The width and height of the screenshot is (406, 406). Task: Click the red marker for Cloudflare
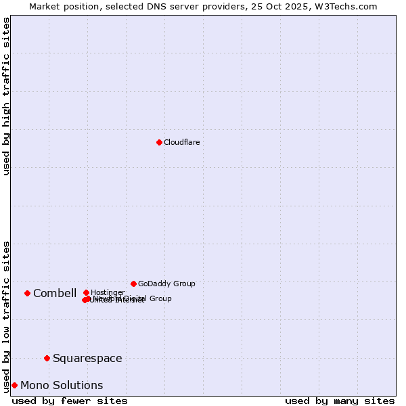[x=159, y=142]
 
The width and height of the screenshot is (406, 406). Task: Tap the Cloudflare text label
[x=181, y=142]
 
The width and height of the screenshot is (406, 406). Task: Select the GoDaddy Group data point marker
[x=133, y=284]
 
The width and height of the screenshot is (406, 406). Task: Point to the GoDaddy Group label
[x=166, y=284]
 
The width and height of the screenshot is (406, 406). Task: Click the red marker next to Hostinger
[x=86, y=292]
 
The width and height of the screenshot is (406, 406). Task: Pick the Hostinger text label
[x=108, y=292]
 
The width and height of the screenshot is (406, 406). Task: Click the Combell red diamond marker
[x=27, y=293]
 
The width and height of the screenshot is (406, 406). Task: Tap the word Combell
[x=55, y=293]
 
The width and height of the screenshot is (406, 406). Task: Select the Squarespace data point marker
[x=47, y=358]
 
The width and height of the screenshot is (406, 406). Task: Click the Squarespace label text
[x=87, y=358]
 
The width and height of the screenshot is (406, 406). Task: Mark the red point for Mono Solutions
[x=14, y=385]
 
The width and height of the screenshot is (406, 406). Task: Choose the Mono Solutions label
[x=62, y=385]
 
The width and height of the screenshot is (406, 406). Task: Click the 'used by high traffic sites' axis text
[x=6, y=96]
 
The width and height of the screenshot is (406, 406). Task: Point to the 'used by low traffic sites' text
[x=6, y=316]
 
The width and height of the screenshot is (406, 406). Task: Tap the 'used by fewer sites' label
[x=70, y=401]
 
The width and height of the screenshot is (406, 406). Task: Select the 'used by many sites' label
[x=340, y=401]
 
